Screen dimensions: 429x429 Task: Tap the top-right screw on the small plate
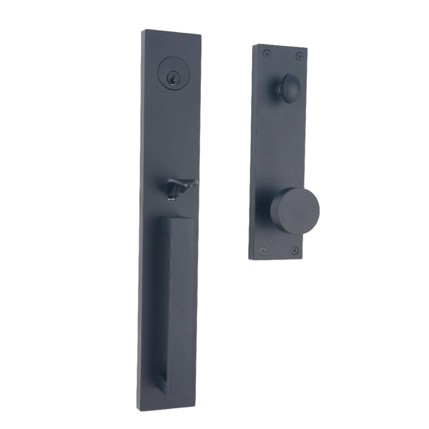tap(299, 56)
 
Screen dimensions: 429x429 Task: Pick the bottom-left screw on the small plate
tap(263, 251)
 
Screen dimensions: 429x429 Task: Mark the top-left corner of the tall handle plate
tap(144, 30)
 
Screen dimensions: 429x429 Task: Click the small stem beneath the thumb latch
tap(172, 195)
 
